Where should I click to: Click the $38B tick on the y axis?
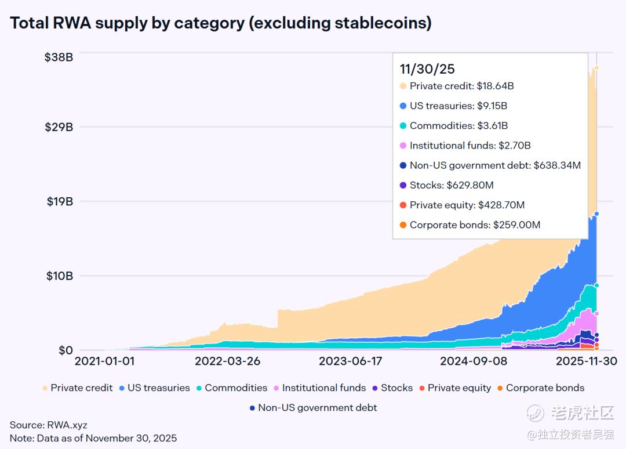(x=59, y=57)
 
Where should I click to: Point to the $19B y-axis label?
(x=59, y=201)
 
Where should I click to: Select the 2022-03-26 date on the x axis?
(x=227, y=361)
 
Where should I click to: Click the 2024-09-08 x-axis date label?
(x=474, y=361)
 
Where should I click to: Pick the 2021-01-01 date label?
(x=104, y=361)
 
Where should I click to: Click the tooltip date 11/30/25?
(x=427, y=69)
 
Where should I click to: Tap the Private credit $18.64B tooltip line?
(x=461, y=86)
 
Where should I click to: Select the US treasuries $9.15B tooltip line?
(x=458, y=106)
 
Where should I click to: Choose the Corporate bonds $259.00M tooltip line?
(x=475, y=224)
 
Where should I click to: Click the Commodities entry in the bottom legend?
(x=235, y=388)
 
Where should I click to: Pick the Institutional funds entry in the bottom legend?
(x=323, y=388)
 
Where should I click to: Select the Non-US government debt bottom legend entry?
(x=317, y=408)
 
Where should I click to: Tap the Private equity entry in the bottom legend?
(x=459, y=388)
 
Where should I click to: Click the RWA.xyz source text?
(x=68, y=425)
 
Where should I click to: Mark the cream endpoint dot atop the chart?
(x=596, y=68)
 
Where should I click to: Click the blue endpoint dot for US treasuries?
(x=596, y=213)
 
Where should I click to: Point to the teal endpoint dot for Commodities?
(x=596, y=285)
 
